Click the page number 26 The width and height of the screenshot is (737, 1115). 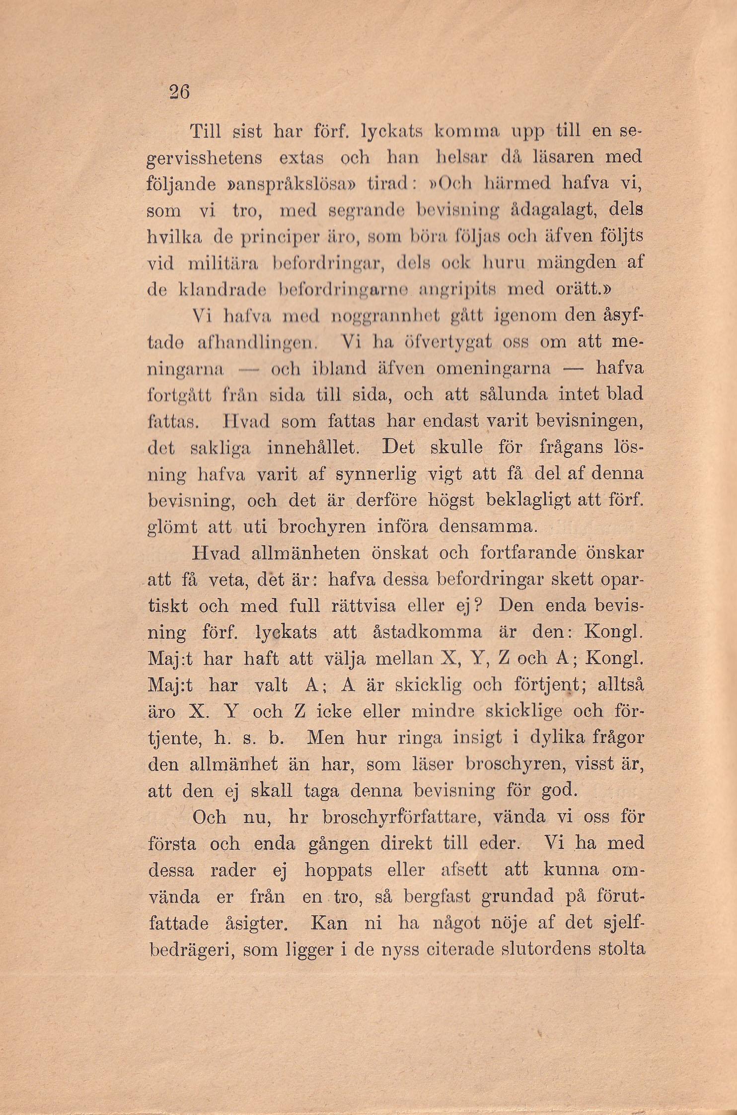[179, 92]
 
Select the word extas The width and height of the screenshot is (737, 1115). [301, 158]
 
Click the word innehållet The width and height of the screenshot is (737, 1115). [312, 447]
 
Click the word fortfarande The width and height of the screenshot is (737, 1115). [528, 553]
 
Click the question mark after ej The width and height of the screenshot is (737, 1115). [478, 606]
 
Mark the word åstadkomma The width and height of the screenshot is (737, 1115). [427, 632]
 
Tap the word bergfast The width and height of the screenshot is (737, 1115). [437, 896]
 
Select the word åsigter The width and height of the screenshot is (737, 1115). [256, 924]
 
